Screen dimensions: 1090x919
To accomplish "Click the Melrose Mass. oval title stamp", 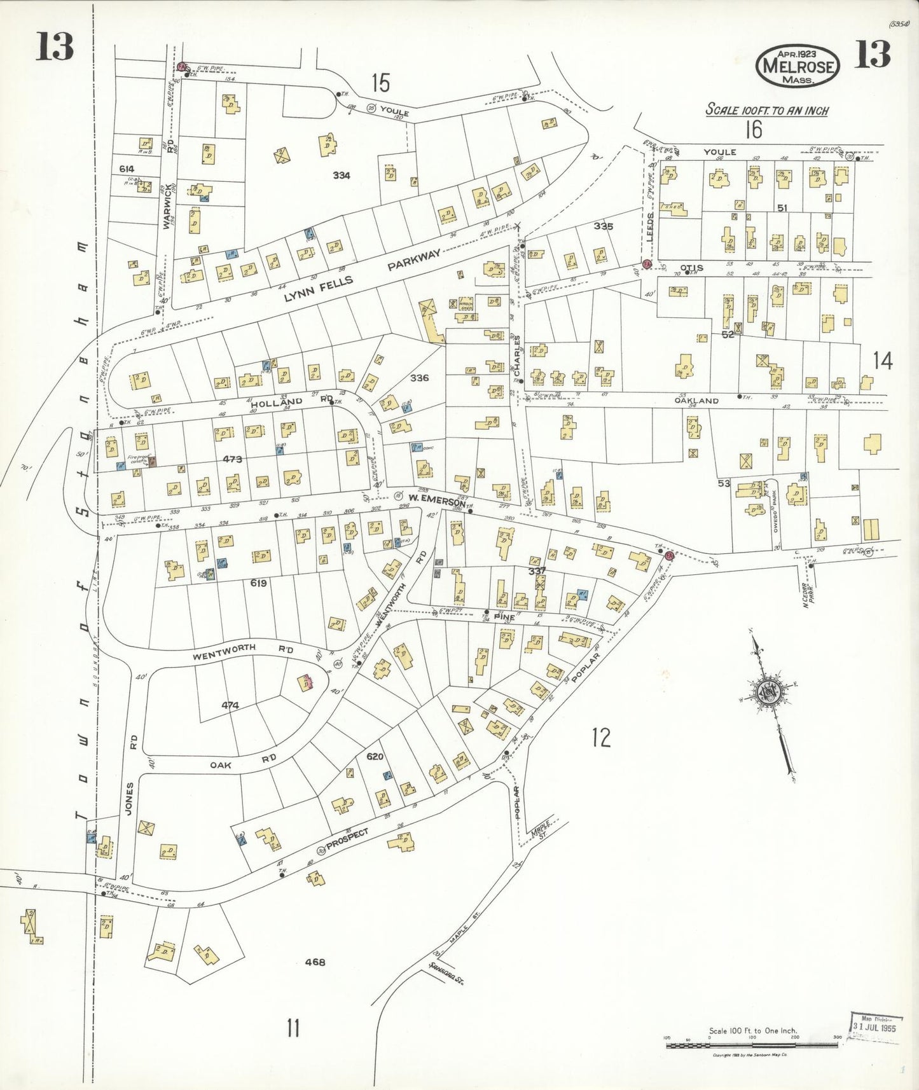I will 798,66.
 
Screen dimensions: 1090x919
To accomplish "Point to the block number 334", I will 342,176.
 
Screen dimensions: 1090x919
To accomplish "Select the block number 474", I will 230,705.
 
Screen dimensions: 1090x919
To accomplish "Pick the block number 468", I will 315,962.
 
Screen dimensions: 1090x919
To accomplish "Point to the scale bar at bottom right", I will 752,1044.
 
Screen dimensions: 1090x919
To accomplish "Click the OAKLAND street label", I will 697,401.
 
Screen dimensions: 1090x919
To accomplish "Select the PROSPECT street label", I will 347,839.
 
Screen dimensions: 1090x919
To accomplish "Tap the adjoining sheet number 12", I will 600,738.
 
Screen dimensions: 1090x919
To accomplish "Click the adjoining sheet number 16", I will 753,130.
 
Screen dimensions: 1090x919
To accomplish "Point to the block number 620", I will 375,756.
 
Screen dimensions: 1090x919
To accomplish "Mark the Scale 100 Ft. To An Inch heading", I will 767,110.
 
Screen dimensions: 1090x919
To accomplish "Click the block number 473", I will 232,459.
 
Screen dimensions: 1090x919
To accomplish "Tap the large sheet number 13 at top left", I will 54,48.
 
